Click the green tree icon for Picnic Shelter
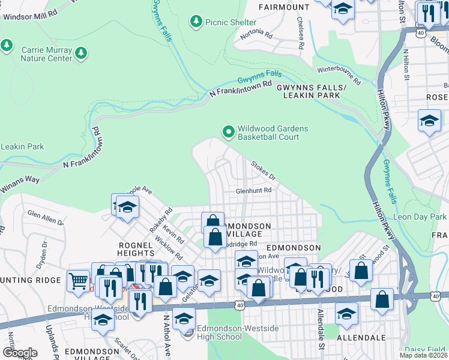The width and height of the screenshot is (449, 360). [196, 22]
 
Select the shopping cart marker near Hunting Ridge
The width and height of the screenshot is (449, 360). [78, 281]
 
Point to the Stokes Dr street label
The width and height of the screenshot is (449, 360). [263, 170]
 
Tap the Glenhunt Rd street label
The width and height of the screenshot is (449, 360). [254, 190]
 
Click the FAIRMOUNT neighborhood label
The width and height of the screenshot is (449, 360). [284, 7]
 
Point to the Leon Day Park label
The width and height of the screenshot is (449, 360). [420, 216]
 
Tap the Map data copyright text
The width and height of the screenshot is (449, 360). [423, 355]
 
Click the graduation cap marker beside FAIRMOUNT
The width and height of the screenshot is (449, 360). [343, 9]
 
